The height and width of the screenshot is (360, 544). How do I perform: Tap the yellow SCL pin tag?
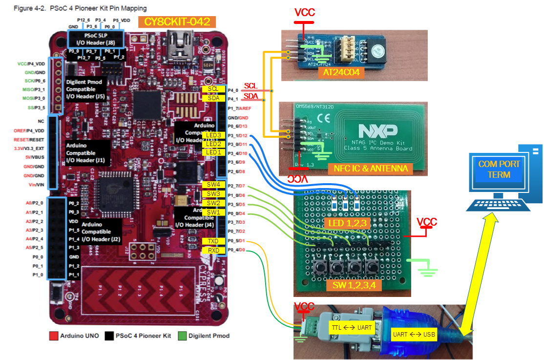(213, 89)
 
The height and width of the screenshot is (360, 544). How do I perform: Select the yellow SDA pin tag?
(213, 98)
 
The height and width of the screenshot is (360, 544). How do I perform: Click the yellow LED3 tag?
(213, 135)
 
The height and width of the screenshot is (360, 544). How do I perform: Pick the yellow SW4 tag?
(213, 185)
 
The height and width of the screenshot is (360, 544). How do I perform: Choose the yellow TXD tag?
(213, 241)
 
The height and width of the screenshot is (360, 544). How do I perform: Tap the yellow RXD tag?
(213, 251)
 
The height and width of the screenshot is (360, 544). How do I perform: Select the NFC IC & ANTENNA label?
(371, 169)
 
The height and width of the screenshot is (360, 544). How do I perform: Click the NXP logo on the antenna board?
(377, 130)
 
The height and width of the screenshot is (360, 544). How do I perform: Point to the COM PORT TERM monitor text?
(499, 169)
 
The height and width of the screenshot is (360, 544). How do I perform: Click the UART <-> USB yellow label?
(413, 335)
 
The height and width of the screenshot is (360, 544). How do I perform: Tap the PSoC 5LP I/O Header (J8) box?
(96, 39)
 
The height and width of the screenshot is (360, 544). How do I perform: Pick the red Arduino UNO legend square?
(54, 336)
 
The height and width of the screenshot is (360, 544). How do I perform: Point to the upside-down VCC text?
(299, 179)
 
